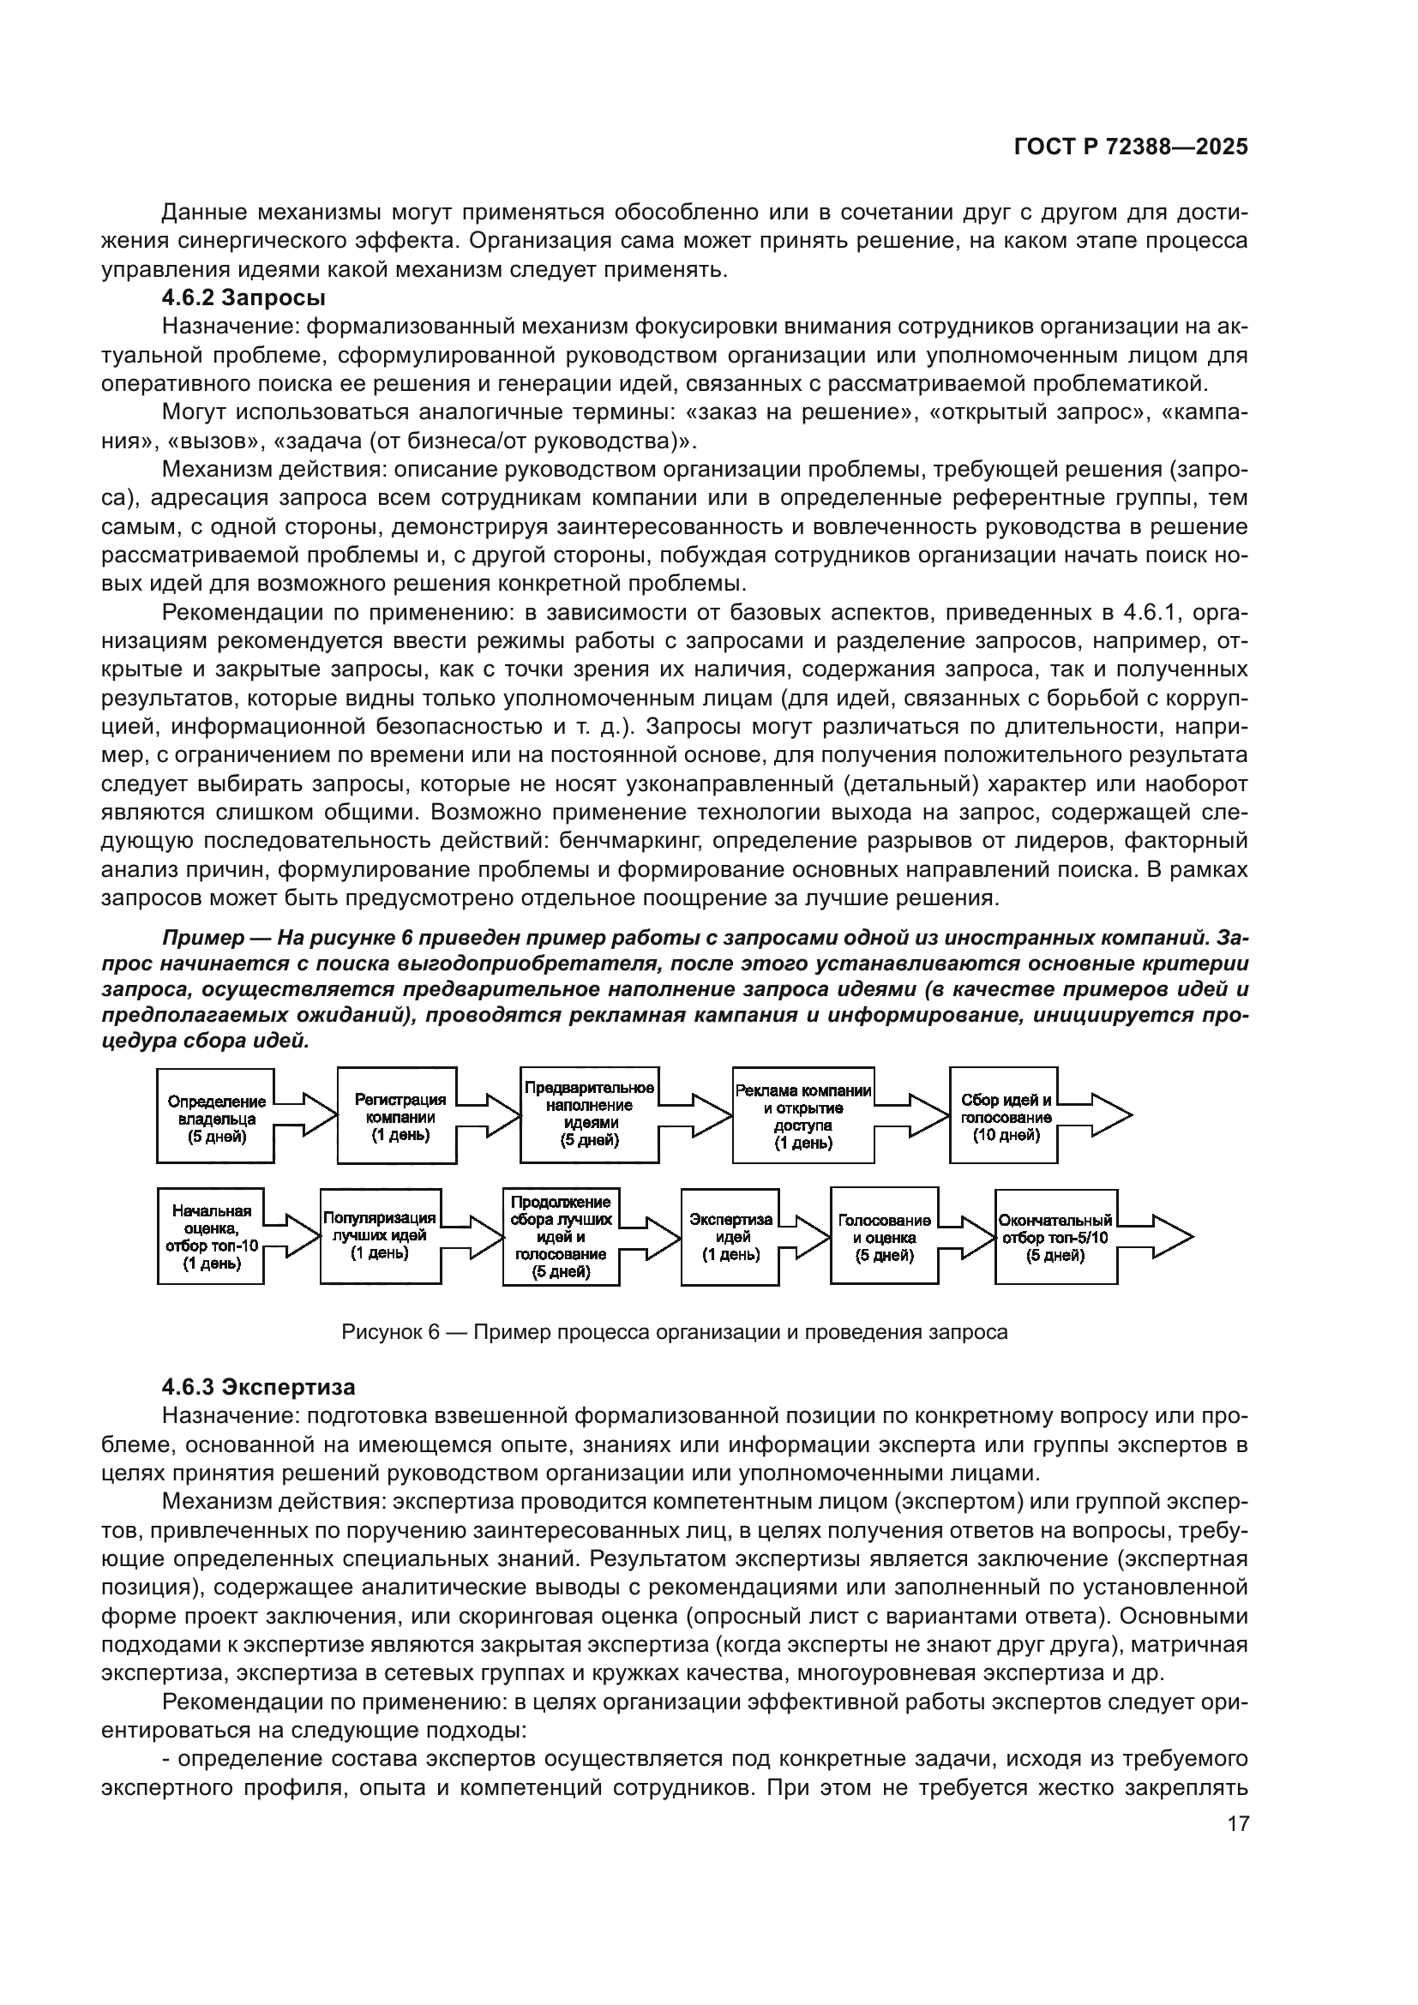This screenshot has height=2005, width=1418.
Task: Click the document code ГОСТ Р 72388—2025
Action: [1131, 147]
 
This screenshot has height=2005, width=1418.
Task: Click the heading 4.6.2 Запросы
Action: [243, 297]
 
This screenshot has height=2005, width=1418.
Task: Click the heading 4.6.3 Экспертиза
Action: [258, 1387]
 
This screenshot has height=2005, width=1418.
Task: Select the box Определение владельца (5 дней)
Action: [216, 1119]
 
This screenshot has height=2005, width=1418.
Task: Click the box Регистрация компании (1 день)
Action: [397, 1117]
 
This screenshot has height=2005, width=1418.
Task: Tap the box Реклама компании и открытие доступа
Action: [802, 1116]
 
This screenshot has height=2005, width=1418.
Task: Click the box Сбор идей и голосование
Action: [1003, 1116]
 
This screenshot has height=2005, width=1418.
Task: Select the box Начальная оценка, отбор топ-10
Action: [210, 1237]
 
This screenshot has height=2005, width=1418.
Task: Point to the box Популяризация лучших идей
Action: [379, 1236]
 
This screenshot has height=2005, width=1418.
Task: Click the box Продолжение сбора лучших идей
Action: [561, 1237]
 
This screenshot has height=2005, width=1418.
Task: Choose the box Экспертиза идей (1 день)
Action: [730, 1237]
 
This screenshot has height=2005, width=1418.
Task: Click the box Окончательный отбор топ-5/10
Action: [1054, 1237]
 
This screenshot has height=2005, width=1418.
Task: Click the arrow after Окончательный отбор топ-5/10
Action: [1157, 1236]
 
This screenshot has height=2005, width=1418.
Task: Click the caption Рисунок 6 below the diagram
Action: [674, 1332]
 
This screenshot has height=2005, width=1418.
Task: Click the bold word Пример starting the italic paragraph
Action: [202, 938]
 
